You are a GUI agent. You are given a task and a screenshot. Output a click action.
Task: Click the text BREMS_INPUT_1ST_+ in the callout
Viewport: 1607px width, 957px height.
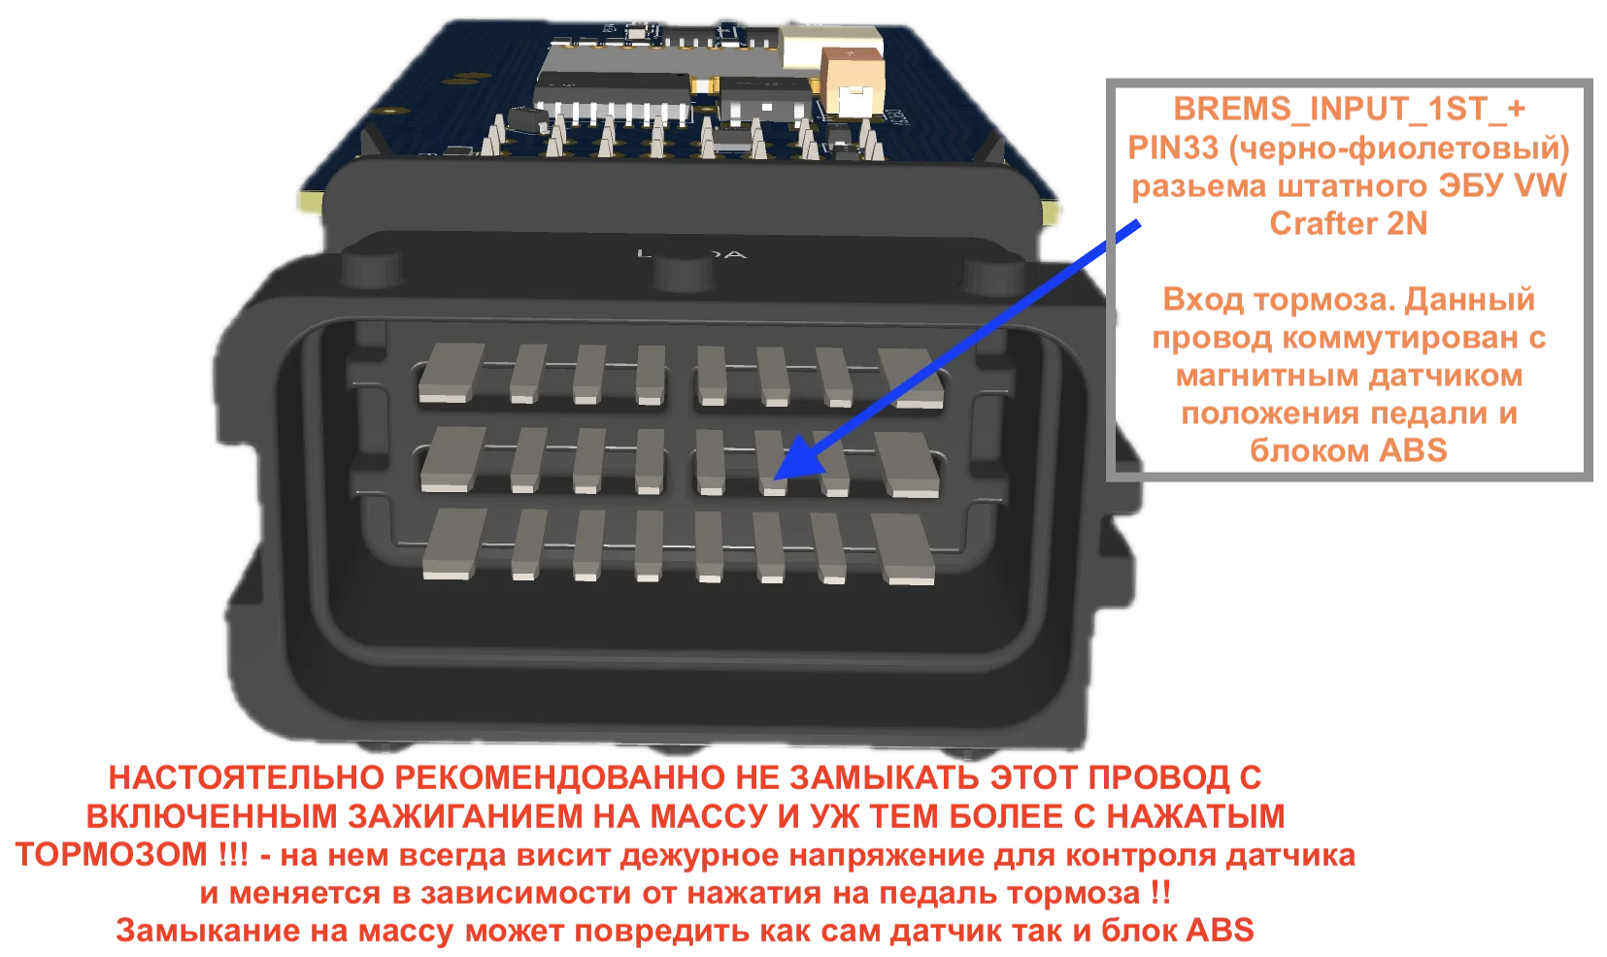1349,110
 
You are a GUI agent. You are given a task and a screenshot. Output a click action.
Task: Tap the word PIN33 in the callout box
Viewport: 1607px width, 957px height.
1173,148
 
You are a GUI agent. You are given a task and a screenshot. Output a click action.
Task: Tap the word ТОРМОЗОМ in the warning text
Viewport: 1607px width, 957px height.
111,854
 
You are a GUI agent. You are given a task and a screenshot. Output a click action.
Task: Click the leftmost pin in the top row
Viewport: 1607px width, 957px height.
451,372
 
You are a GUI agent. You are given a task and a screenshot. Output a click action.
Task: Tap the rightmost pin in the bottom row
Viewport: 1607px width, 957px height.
904,549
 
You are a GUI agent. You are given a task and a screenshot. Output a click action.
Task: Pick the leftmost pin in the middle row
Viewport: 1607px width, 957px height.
452,459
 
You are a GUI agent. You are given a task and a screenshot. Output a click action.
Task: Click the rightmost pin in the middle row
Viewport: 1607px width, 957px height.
907,465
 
